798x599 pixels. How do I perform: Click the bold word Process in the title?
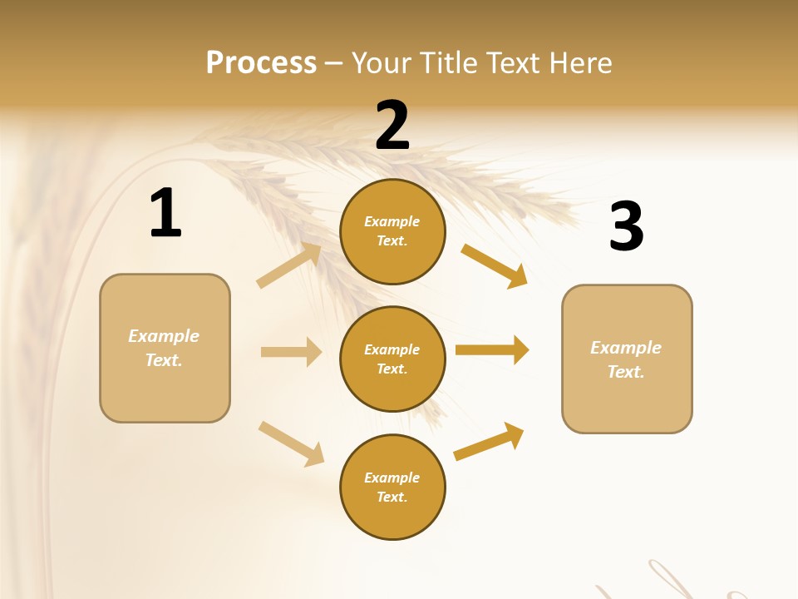[261, 62]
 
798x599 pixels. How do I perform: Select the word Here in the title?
[579, 62]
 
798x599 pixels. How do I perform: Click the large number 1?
[165, 213]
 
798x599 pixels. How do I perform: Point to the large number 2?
[392, 125]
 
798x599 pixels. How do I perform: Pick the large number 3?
[626, 226]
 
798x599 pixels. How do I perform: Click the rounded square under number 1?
[165, 348]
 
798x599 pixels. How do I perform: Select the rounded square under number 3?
[627, 359]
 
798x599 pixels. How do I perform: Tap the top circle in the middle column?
[392, 231]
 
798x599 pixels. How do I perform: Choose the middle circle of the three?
[392, 359]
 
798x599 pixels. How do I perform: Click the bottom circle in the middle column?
[392, 487]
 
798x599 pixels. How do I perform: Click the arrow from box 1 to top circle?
[288, 265]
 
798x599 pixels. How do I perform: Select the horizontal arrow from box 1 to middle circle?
[291, 352]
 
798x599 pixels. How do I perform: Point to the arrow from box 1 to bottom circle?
[291, 443]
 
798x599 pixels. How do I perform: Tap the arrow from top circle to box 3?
[494, 265]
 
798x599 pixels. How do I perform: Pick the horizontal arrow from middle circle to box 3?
[492, 350]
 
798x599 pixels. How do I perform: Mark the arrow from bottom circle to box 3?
[489, 442]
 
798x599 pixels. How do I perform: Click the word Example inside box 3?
[626, 348]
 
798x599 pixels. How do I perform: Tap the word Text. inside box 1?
[164, 360]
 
